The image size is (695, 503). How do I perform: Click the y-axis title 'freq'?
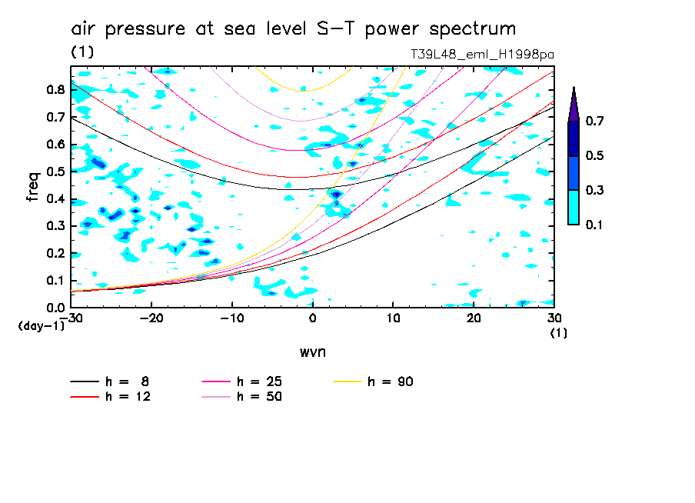[32, 187]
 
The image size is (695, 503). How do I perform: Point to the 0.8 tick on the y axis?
[55, 89]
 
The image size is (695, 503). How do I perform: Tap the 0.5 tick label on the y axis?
[55, 172]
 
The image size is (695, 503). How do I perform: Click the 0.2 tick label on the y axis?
[55, 253]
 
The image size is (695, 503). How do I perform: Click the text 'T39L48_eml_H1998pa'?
[483, 54]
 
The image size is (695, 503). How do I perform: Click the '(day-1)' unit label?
[41, 325]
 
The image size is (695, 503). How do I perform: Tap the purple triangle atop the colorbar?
[574, 105]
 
